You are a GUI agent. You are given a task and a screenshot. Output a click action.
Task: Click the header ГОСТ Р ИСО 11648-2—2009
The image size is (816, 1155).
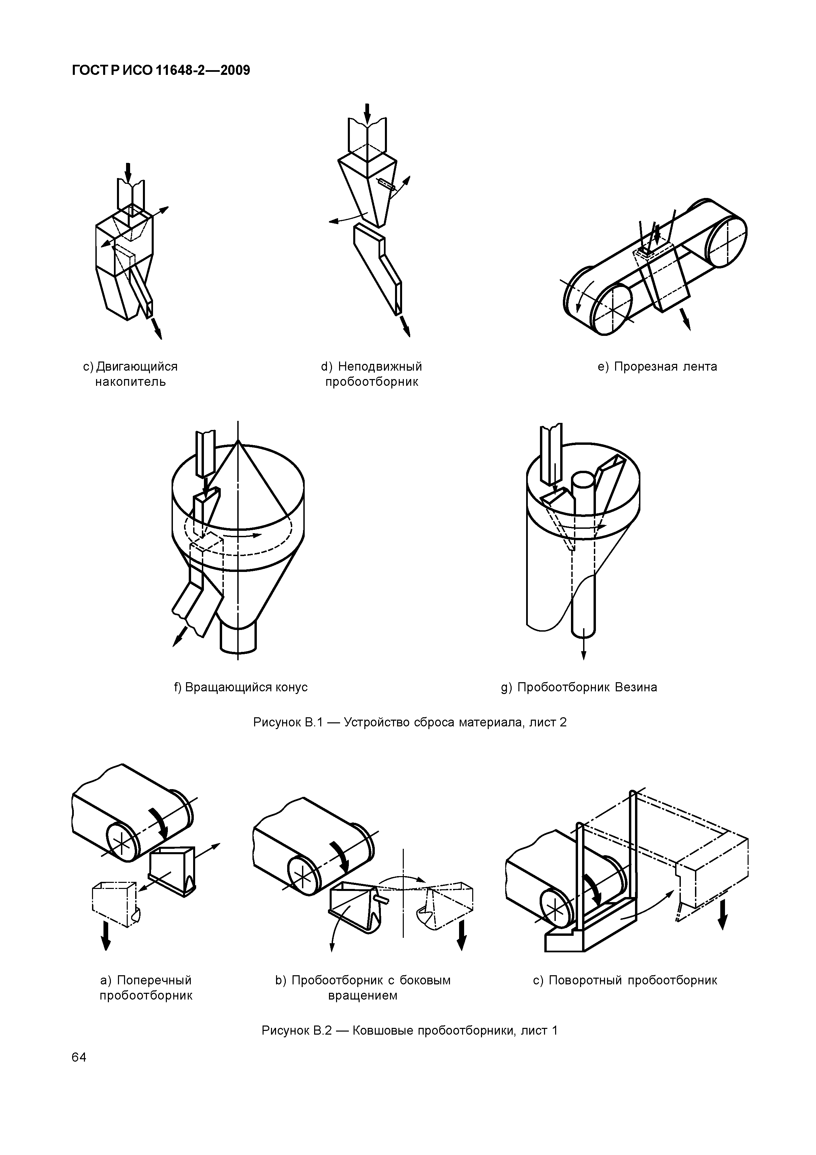[x=161, y=71]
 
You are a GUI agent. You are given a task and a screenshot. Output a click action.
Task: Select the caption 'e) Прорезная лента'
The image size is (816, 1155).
[x=657, y=367]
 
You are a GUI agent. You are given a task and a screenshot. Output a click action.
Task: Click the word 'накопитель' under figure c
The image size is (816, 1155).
[x=130, y=382]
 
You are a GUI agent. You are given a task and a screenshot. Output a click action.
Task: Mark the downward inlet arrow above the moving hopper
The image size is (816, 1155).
[x=128, y=174]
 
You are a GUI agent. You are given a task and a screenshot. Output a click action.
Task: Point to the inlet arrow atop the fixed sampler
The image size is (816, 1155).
[x=367, y=114]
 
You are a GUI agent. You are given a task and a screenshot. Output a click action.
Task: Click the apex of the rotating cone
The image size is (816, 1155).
[x=238, y=441]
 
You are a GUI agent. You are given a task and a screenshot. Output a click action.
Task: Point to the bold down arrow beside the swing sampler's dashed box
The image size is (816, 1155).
[x=723, y=915]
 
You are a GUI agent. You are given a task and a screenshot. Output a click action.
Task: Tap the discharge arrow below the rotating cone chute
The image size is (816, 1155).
[x=178, y=638]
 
